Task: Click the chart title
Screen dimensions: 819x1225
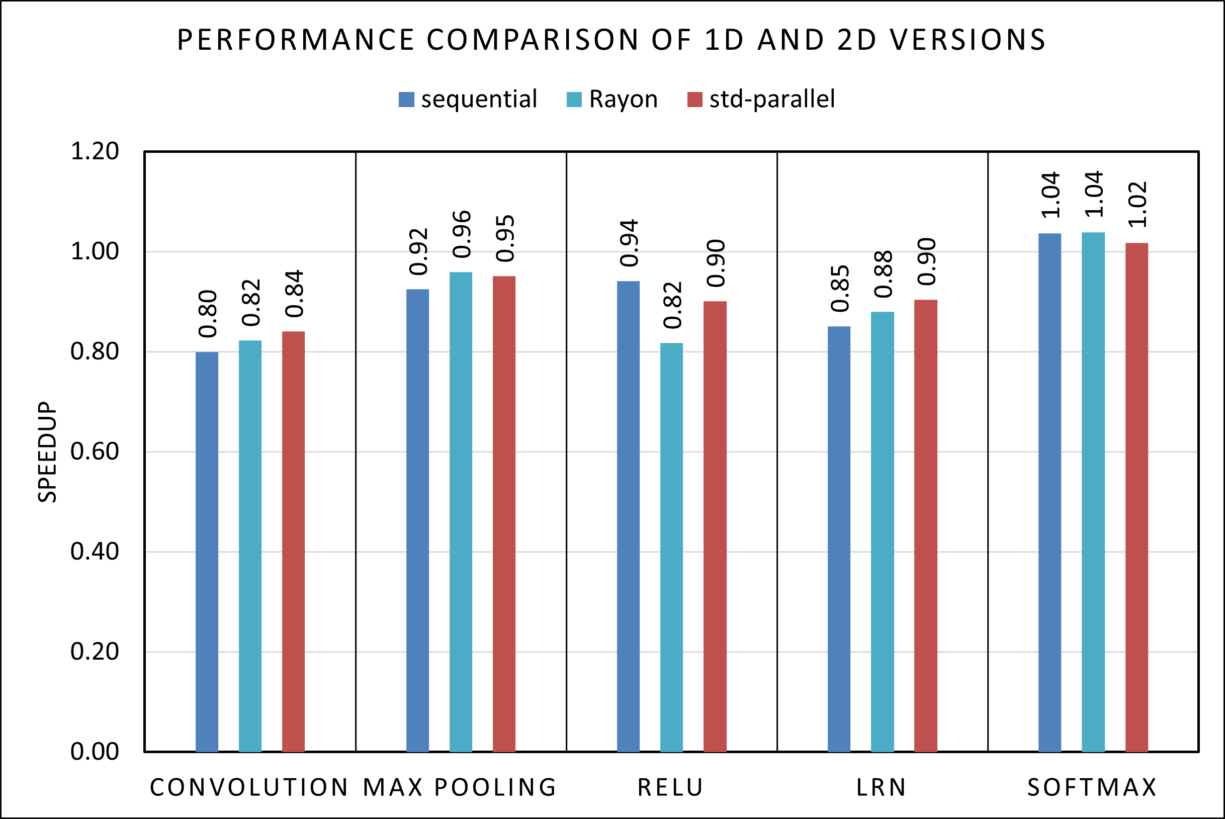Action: [611, 40]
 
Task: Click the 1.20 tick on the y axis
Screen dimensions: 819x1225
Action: [95, 151]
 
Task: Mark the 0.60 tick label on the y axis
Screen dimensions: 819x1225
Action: [95, 451]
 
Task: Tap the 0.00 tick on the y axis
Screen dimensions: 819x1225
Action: [95, 751]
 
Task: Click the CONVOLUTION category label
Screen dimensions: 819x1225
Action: [249, 788]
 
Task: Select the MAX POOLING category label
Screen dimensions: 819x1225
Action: [460, 788]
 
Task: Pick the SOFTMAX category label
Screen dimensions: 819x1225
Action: [1092, 788]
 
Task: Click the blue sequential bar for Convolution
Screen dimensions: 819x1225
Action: [207, 552]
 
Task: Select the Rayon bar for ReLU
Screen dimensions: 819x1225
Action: [671, 547]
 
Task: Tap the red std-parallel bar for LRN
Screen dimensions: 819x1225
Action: [926, 525]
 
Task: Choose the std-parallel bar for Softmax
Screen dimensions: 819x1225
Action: [1136, 497]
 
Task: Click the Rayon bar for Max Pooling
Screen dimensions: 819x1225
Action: [461, 512]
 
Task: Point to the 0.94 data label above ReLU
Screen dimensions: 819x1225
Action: [629, 243]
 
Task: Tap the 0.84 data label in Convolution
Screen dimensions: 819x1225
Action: [294, 294]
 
